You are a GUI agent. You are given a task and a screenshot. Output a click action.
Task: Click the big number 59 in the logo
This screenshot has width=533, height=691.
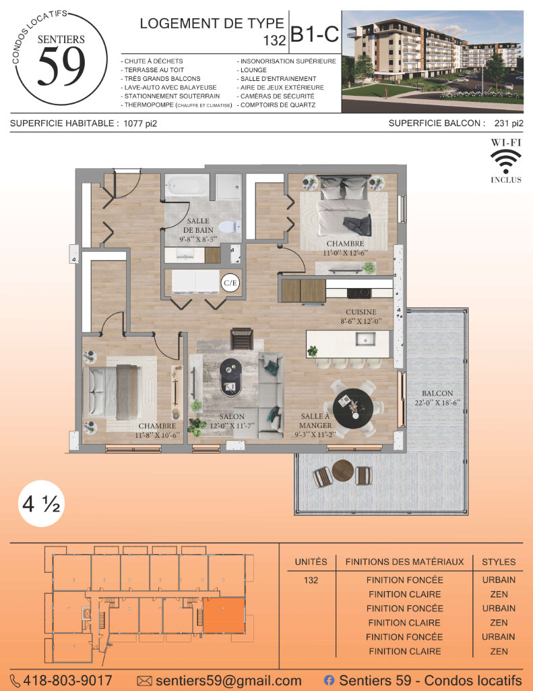(x=61, y=66)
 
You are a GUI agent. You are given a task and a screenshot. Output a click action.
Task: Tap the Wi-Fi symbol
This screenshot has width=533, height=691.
(x=506, y=161)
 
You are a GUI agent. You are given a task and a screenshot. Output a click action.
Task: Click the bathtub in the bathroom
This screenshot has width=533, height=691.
(x=187, y=185)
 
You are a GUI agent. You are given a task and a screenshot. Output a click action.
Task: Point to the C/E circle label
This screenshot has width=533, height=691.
(x=230, y=283)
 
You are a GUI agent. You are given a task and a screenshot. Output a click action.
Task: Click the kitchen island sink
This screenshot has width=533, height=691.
(x=365, y=339)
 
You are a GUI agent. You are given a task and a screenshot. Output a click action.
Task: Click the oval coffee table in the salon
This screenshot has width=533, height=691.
(x=230, y=377)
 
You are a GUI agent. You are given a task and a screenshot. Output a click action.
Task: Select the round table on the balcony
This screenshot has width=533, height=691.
(x=343, y=471)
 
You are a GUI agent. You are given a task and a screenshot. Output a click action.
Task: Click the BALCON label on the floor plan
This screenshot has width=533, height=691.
(x=437, y=393)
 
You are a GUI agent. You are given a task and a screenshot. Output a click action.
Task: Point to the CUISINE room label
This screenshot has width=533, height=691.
(x=361, y=312)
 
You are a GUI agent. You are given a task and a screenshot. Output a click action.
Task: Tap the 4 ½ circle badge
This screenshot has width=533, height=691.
(x=41, y=503)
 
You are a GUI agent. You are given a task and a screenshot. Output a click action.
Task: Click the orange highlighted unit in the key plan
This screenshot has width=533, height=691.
(x=224, y=615)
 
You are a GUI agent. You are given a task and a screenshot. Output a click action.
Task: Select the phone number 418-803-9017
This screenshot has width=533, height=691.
(x=67, y=680)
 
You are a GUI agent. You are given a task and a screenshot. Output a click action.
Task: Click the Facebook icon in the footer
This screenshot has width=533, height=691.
(x=329, y=680)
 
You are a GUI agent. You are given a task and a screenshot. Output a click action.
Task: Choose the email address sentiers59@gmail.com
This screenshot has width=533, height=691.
(x=228, y=681)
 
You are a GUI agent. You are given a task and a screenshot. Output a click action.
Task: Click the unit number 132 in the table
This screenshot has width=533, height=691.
(x=311, y=580)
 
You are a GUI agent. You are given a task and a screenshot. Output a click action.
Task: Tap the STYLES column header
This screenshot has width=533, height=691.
(x=499, y=562)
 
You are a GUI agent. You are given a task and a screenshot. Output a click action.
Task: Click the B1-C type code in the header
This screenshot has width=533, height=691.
(x=315, y=34)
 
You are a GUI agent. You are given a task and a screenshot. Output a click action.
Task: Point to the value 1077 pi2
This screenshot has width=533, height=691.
(x=140, y=123)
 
